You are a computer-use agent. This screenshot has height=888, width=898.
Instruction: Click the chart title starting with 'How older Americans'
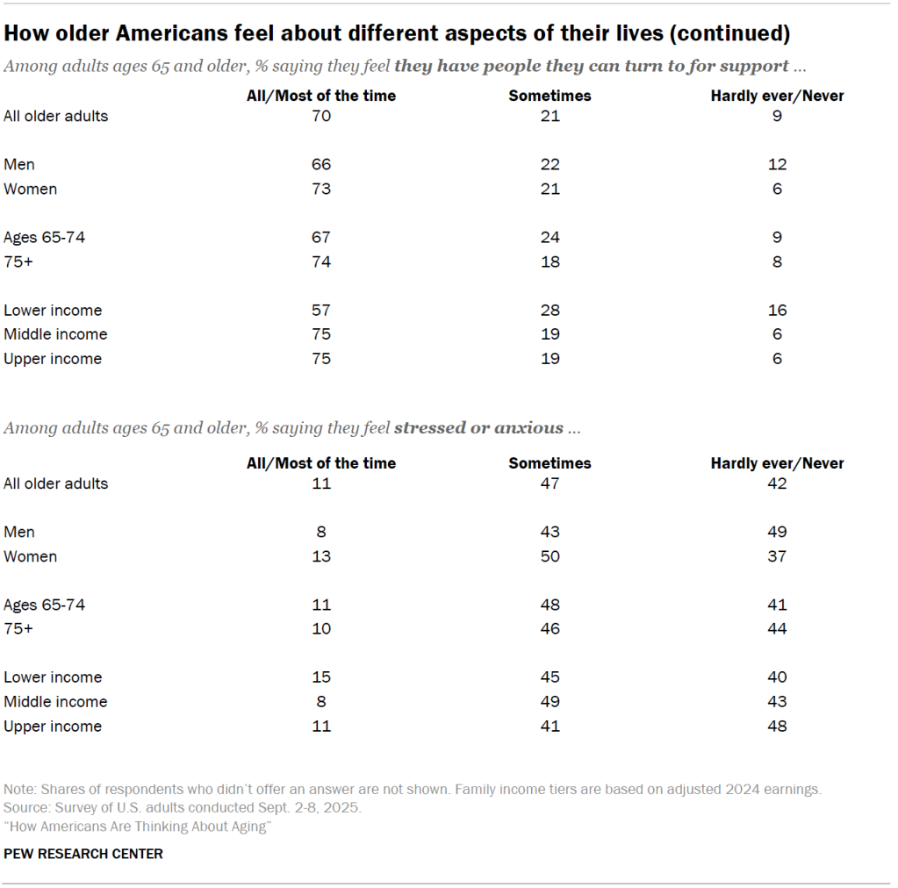pos(397,34)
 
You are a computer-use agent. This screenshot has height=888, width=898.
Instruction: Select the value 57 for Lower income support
pos(321,310)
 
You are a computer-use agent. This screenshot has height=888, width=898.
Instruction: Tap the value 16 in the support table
pos(777,310)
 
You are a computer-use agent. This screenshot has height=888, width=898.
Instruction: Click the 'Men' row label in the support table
pos(19,164)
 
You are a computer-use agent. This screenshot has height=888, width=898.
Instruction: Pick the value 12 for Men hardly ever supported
pos(777,164)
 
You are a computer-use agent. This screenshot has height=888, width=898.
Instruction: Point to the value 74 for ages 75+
pos(321,261)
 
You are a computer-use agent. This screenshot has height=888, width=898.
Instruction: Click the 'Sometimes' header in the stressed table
pos(550,462)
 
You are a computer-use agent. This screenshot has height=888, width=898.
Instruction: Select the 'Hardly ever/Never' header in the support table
pos(777,96)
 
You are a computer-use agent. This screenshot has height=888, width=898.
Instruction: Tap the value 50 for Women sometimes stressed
pos(550,556)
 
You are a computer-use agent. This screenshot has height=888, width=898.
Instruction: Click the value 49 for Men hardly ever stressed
pos(777,532)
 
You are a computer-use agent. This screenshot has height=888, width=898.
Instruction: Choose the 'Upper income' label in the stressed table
pos(53,726)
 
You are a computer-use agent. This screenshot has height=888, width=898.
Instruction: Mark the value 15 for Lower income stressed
pos(321,677)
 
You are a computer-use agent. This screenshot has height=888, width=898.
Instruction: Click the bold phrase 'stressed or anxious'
pos(478,428)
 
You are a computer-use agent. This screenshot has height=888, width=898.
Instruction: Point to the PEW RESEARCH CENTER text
pos(83,853)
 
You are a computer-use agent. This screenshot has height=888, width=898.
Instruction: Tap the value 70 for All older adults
pos(321,116)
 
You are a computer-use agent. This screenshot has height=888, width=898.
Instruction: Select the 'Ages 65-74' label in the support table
pos(45,237)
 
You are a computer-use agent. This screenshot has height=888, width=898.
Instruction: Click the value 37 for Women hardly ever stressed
pos(777,556)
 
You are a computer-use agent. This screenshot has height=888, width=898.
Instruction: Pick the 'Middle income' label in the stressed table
pos(55,701)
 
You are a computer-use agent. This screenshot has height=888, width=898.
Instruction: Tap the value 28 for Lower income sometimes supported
pos(550,310)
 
